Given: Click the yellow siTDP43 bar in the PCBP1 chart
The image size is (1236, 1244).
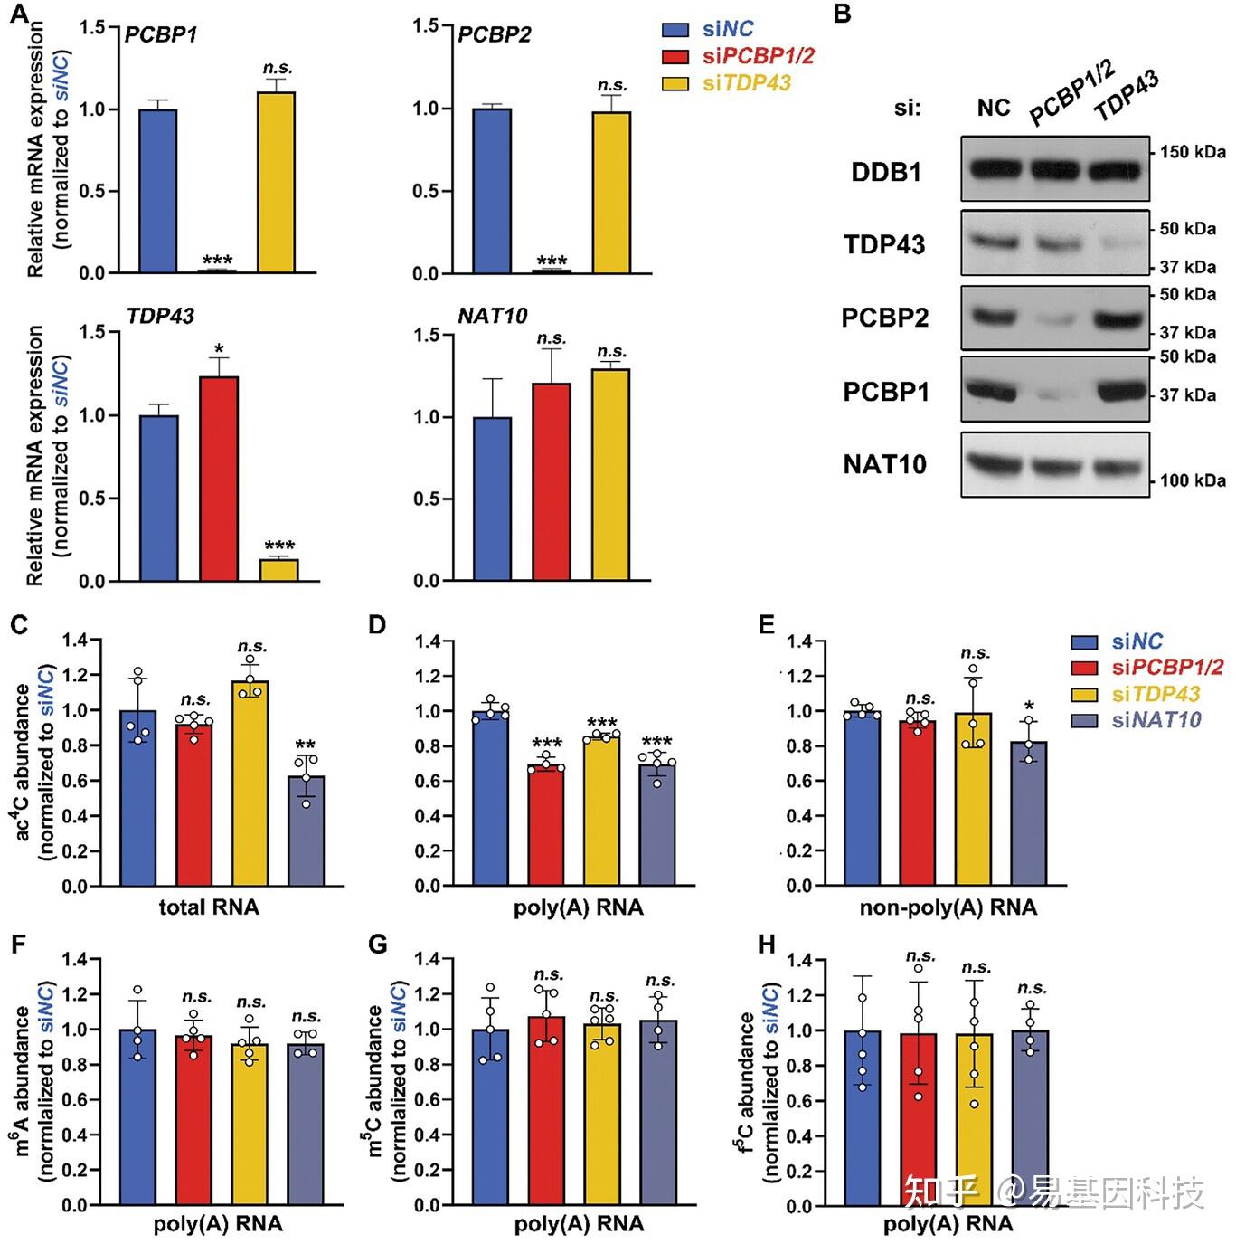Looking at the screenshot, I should [x=277, y=181].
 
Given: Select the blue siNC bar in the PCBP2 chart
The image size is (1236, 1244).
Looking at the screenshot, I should [x=492, y=190].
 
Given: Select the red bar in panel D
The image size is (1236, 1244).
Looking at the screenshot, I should [x=547, y=824].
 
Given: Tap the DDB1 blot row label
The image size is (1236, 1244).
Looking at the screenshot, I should [x=886, y=172].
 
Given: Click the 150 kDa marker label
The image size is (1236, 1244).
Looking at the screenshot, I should [x=1194, y=152].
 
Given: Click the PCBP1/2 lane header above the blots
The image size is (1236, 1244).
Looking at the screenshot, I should [x=1071, y=93].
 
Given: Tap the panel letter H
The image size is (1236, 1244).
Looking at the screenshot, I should [x=767, y=945].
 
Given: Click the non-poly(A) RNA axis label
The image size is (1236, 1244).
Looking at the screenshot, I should [x=948, y=907].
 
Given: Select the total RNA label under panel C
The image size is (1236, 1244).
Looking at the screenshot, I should [x=209, y=907].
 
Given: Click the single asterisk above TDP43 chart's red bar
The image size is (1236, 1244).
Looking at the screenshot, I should [x=219, y=348].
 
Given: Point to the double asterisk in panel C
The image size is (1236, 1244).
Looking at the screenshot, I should [x=306, y=746].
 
